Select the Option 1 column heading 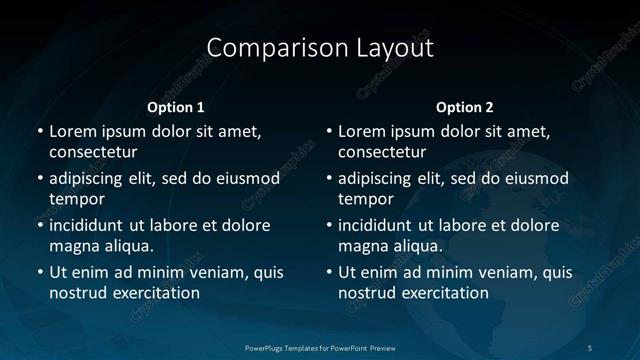click(175, 106)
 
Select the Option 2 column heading click(464, 106)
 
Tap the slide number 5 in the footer click(590, 347)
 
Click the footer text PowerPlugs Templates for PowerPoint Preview click(320, 347)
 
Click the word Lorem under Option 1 click(73, 131)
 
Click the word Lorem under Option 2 click(362, 131)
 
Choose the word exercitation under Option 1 click(155, 293)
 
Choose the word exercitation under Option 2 click(444, 293)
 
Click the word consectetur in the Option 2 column click(382, 152)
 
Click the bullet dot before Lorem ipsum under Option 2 click(329, 131)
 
